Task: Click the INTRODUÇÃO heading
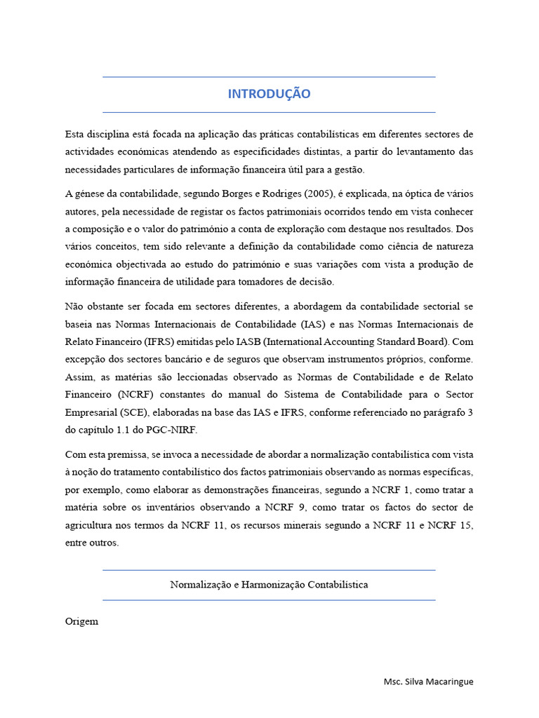click(269, 94)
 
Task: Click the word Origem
click(81, 621)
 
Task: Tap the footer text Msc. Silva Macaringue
click(428, 682)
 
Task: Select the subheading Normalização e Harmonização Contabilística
click(269, 584)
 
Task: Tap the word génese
click(91, 194)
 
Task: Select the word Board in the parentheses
click(434, 341)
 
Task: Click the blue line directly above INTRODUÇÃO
click(269, 76)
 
